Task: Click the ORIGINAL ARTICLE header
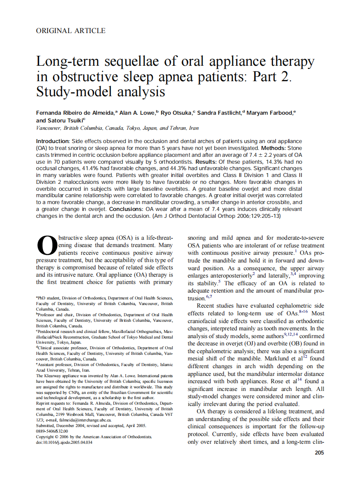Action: pos(70,31)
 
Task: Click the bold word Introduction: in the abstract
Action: pos(52,141)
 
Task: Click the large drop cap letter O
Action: pos(46,245)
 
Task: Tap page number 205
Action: pos(319,452)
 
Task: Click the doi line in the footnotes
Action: pos(64,442)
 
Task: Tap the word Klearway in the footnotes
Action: pos(53,375)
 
